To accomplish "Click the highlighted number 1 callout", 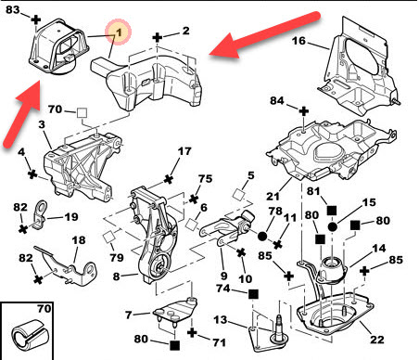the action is pos(119,32).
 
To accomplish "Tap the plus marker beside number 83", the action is pos(36,19).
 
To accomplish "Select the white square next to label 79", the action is pos(108,238).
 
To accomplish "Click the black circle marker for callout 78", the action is pos(262,237).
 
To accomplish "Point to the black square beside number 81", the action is pos(332,211).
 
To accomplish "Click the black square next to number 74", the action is pos(253,293).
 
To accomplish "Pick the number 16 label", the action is pos(298,41).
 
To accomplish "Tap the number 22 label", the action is pos(377,340).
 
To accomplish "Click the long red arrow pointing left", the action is pos(264,34).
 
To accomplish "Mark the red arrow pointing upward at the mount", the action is pos(22,114).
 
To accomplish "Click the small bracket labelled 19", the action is pos(39,215).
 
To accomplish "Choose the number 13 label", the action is pos(221,319).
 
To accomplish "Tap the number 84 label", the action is pos(277,100).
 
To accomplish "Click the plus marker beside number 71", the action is pos(192,333).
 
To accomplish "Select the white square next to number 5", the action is pos(238,195).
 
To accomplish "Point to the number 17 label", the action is pos(184,151).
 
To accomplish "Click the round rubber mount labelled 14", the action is pos(332,271).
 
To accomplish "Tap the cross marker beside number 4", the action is pos(32,174).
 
